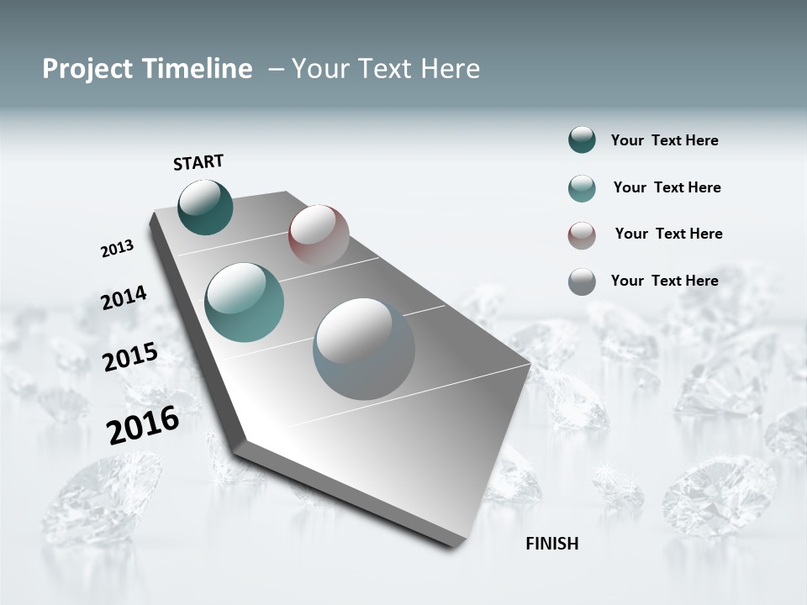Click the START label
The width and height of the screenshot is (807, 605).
(198, 162)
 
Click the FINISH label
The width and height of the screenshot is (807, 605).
(551, 544)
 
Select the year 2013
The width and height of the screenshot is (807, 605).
(117, 249)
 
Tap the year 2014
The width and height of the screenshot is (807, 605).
(124, 297)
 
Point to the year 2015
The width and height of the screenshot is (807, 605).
(130, 357)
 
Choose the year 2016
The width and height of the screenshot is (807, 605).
(143, 424)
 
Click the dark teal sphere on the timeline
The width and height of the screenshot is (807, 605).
(205, 208)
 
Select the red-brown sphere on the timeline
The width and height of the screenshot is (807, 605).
(319, 234)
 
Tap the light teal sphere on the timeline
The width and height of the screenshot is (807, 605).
(244, 302)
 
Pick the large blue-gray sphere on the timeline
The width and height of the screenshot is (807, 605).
(363, 349)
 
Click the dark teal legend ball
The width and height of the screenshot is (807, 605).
(582, 140)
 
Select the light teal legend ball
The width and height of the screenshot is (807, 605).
(582, 187)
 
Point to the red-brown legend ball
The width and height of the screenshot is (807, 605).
(582, 234)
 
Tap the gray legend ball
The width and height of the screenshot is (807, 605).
(582, 281)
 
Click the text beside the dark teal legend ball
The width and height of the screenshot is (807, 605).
(664, 140)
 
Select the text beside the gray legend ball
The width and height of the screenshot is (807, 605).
(664, 281)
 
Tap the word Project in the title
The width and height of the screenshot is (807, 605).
(85, 69)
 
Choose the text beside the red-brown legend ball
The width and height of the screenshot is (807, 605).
(668, 234)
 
